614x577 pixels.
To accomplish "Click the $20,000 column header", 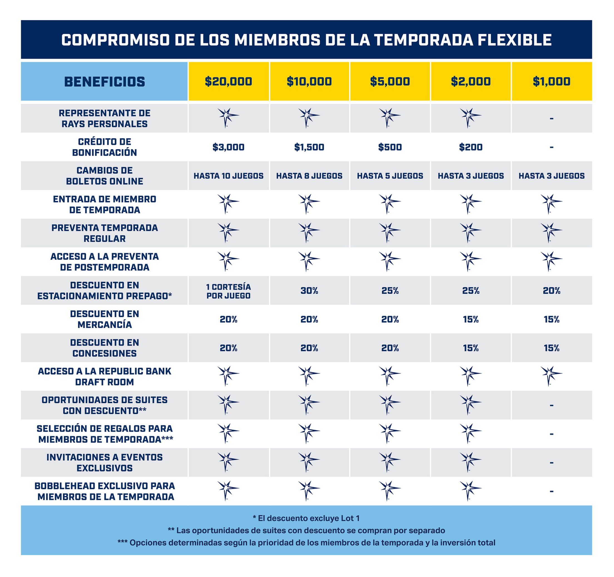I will (x=228, y=81).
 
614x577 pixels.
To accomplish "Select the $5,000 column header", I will (x=390, y=81).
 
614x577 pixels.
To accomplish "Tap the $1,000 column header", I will (x=551, y=81).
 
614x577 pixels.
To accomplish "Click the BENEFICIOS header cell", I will (x=104, y=82).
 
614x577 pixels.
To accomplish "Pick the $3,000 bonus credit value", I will (x=228, y=147).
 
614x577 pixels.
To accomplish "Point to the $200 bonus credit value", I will (x=471, y=147).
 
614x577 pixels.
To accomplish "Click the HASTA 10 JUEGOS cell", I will (x=228, y=176).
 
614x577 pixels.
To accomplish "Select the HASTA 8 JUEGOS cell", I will (x=309, y=176).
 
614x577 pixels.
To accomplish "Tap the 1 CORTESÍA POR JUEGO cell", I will (x=228, y=291).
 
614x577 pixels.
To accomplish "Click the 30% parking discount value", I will (x=309, y=291).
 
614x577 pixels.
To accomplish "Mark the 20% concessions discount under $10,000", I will (x=309, y=348).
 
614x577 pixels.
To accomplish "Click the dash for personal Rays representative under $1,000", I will (x=551, y=118).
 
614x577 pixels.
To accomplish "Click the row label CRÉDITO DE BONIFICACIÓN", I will (x=104, y=147).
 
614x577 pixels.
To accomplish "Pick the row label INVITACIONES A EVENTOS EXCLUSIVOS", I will (x=104, y=463).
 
